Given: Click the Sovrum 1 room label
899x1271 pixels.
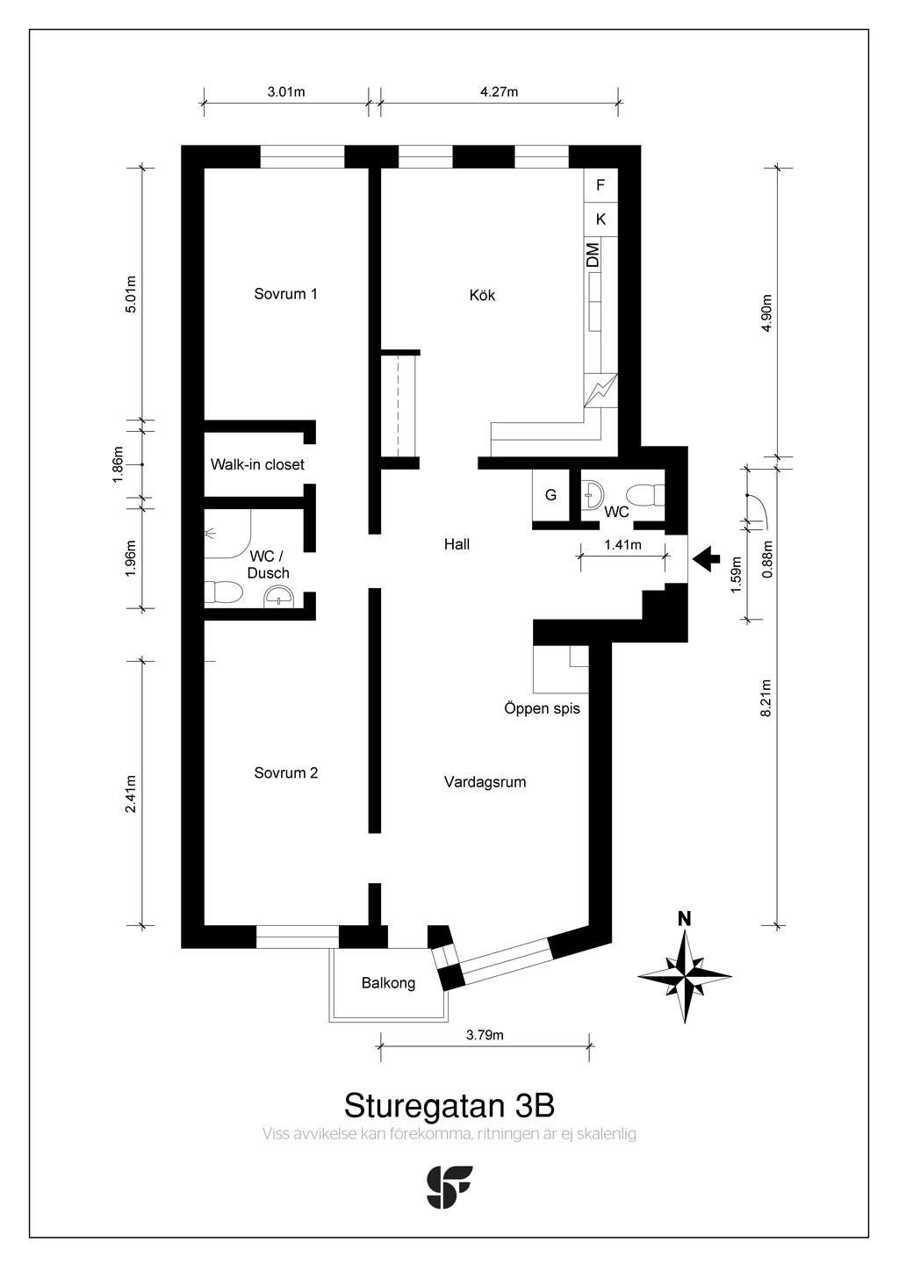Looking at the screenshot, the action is pyautogui.click(x=285, y=294).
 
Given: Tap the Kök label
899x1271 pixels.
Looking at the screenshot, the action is pyautogui.click(x=482, y=295).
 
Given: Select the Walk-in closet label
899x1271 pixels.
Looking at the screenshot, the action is pyautogui.click(x=257, y=464).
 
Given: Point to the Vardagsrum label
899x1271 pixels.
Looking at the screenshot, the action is pyautogui.click(x=485, y=782).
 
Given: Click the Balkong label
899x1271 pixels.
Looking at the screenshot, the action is pyautogui.click(x=388, y=983).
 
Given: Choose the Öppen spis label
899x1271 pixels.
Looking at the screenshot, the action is pyautogui.click(x=542, y=708).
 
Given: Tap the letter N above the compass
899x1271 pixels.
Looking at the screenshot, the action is pyautogui.click(x=685, y=919).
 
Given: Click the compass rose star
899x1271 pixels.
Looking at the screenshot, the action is pyautogui.click(x=685, y=976).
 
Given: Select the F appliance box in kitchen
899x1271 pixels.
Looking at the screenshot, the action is pyautogui.click(x=601, y=185).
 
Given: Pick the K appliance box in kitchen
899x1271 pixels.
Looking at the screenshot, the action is pyautogui.click(x=601, y=219).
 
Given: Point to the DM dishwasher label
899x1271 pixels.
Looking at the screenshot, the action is pyautogui.click(x=593, y=255).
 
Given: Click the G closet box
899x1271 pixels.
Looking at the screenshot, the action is pyautogui.click(x=550, y=495).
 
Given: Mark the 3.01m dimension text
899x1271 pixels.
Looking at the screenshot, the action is pyautogui.click(x=286, y=91).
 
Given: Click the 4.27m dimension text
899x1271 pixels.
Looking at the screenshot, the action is pyautogui.click(x=499, y=91).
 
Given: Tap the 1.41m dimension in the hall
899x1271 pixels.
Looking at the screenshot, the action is pyautogui.click(x=622, y=545).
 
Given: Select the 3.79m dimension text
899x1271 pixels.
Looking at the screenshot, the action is pyautogui.click(x=485, y=1035).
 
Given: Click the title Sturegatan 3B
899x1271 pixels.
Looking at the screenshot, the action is pyautogui.click(x=449, y=1105).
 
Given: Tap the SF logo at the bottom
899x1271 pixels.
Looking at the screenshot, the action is pyautogui.click(x=449, y=1187).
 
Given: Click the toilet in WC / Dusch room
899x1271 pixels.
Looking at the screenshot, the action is pyautogui.click(x=223, y=592).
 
